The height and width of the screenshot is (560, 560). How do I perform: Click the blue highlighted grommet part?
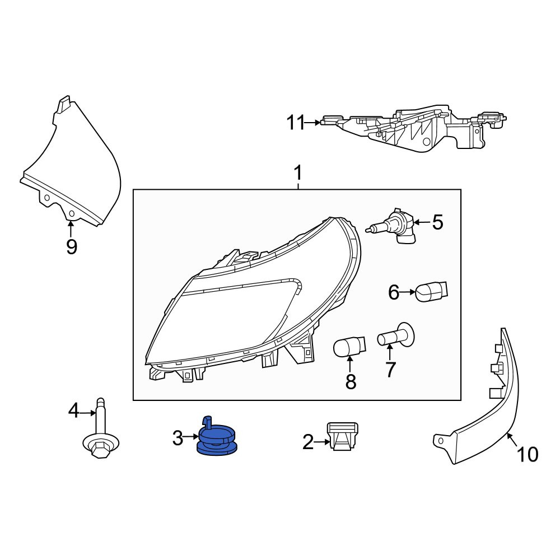pos(217,438)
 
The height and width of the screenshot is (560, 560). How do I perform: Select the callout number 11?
pos(296,123)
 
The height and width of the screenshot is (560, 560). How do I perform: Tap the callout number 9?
pos(72,246)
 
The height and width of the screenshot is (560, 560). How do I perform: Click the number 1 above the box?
pos(297,173)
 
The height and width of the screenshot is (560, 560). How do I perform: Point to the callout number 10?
pos(528,454)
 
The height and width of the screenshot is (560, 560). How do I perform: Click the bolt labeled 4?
pos(100,428)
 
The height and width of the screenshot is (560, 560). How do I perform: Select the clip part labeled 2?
pos(343,436)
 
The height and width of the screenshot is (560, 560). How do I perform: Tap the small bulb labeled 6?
pos(432,291)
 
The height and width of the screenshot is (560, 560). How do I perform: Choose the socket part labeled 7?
pos(396,335)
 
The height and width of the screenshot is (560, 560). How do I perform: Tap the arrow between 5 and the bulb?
pos(422,223)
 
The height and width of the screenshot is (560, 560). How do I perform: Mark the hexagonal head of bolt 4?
pos(99,449)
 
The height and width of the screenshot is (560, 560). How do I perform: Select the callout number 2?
pos(308,442)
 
